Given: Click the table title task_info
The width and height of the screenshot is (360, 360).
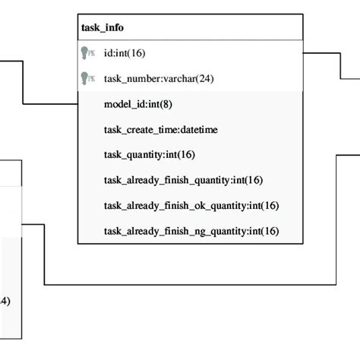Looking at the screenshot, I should coord(103,28).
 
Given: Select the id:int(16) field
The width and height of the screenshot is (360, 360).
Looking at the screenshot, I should coord(125,53).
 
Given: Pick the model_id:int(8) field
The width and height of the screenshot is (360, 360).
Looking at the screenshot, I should coord(132,104).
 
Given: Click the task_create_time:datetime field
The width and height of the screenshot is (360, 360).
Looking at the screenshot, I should coord(160,130).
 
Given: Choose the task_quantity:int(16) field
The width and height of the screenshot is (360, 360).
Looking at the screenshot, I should coord(149,155).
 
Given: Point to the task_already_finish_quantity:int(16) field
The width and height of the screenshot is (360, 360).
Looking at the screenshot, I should coord(183,180).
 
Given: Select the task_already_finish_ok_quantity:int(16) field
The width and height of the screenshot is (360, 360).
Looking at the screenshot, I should coord(191,205).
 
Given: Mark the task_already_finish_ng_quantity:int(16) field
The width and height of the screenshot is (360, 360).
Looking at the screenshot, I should coord(191,231).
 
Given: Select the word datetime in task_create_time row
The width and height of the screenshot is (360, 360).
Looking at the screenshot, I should coord(198,130).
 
